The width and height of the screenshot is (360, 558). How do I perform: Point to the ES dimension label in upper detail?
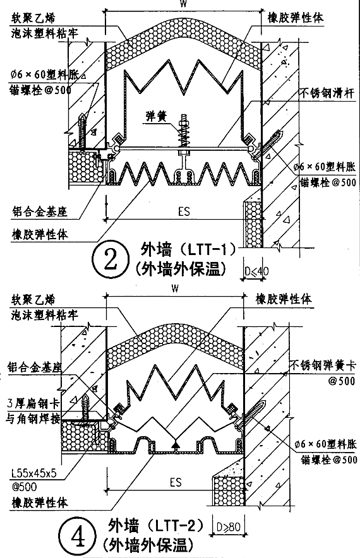pos(184,210)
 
